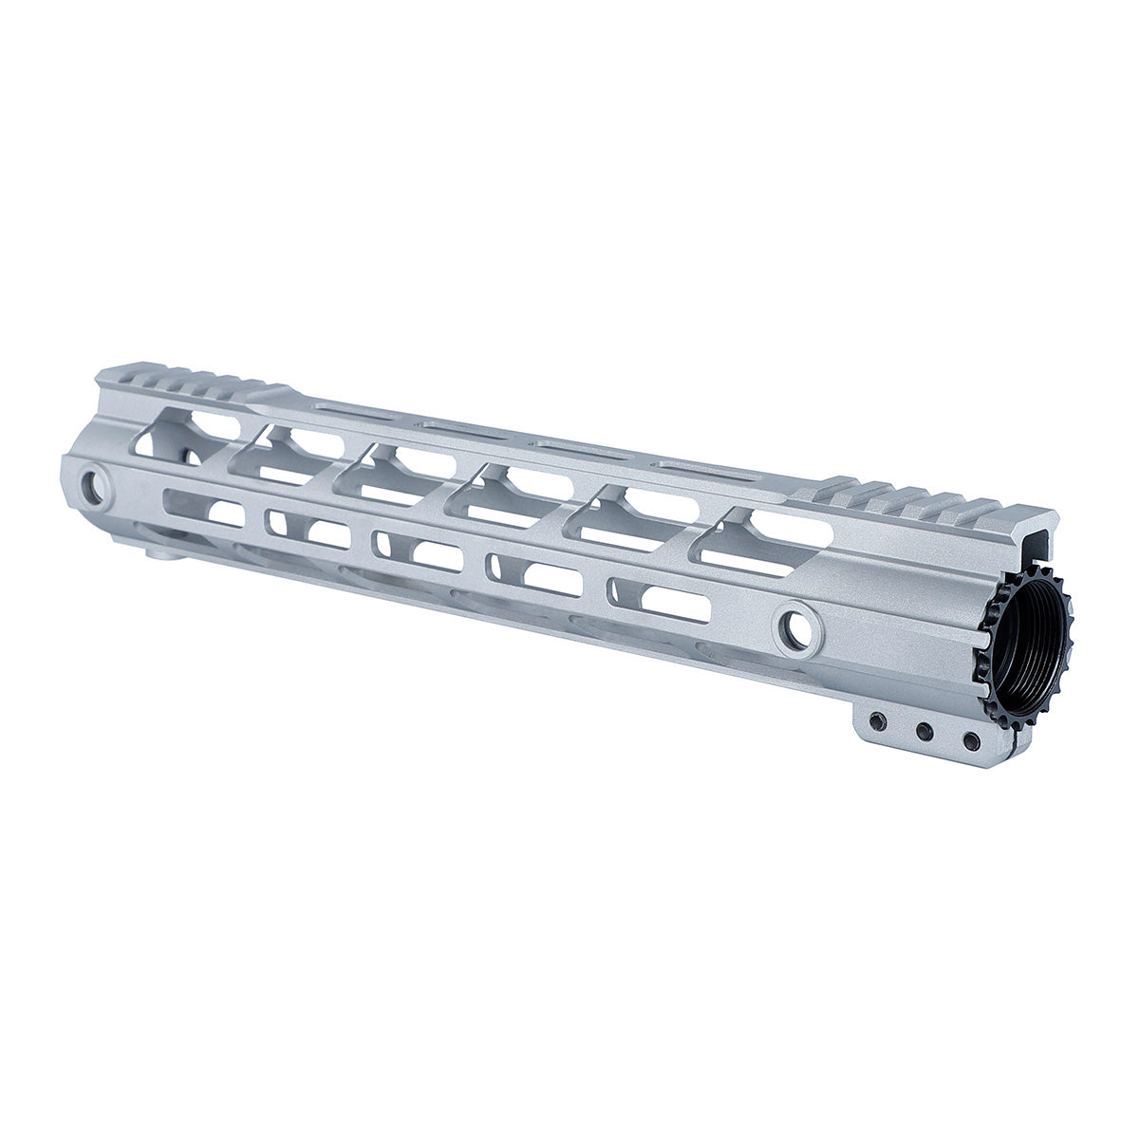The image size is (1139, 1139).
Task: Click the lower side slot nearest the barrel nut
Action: pyautogui.click(x=659, y=600)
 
